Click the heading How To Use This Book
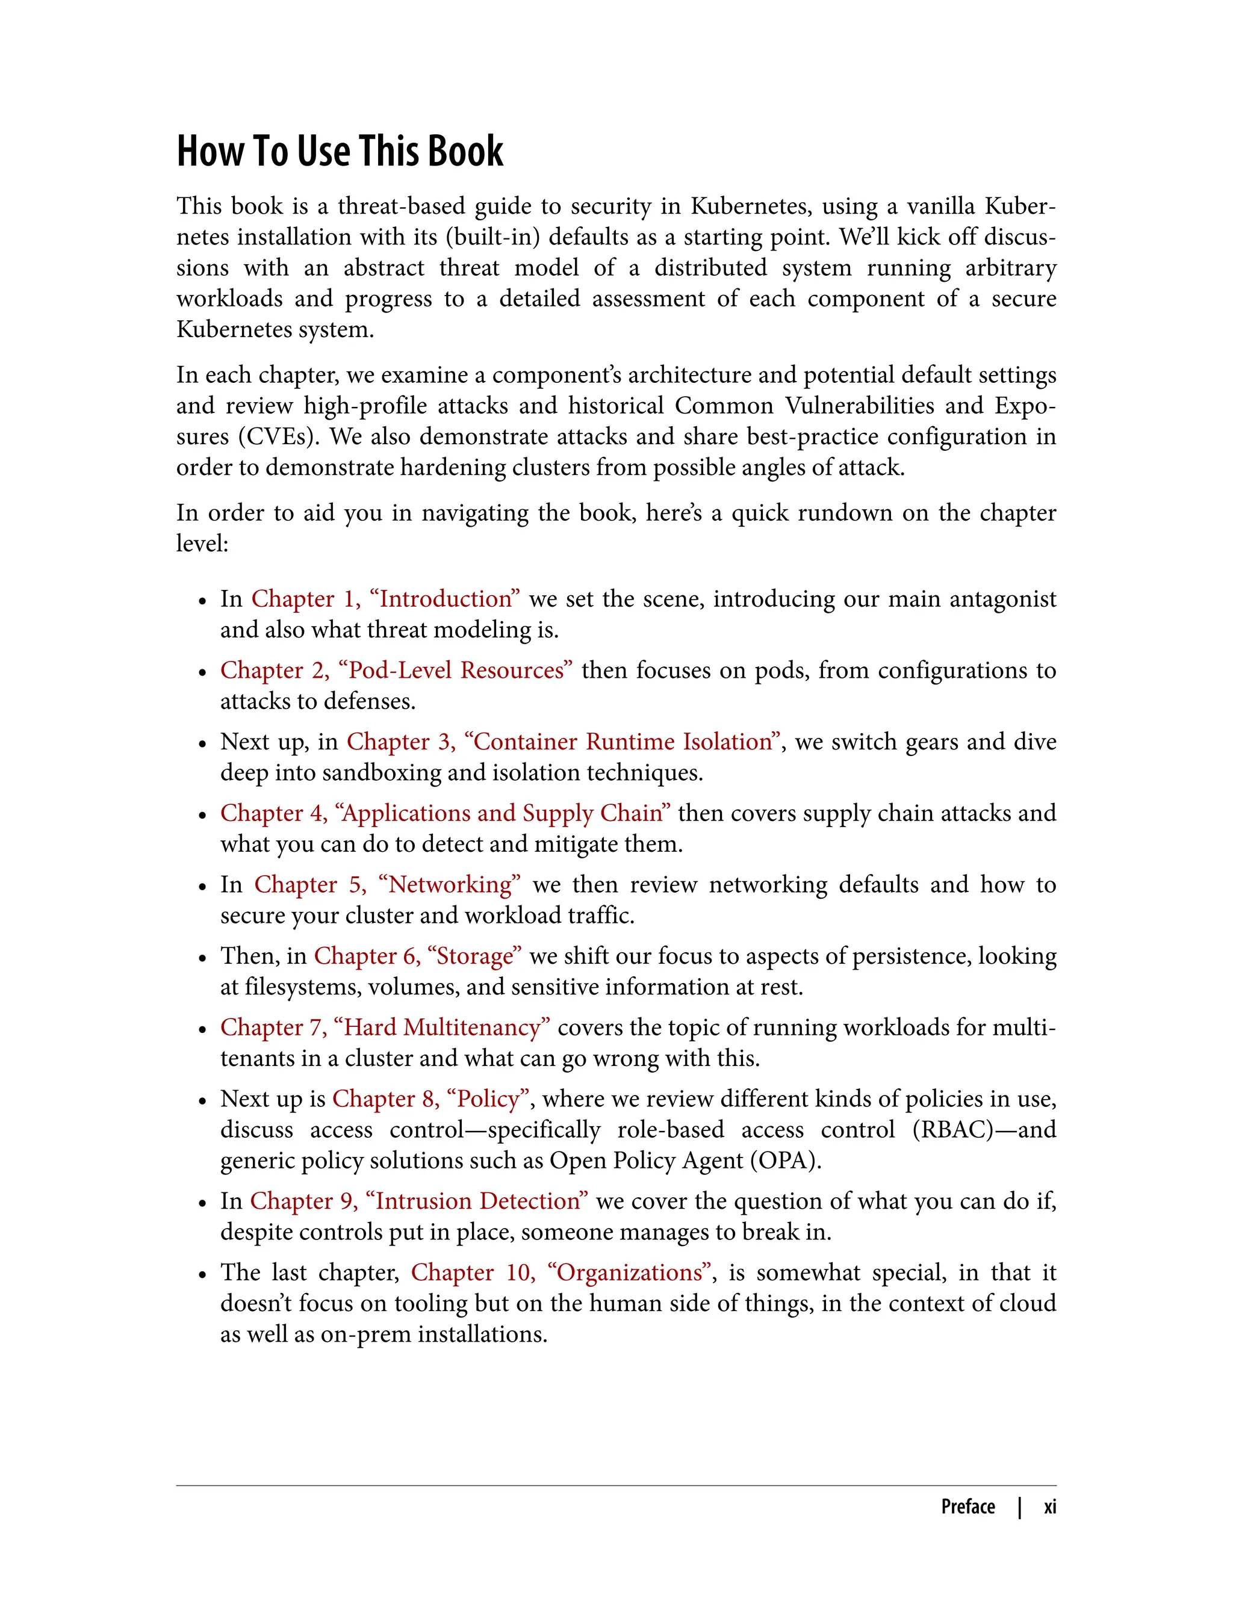coord(340,151)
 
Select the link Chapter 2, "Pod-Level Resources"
coord(396,670)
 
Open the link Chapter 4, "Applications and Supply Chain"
coord(445,813)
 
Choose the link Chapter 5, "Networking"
coord(387,884)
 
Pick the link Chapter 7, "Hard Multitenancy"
coord(385,1028)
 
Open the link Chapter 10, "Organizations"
coord(562,1272)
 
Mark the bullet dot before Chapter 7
coord(202,1029)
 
